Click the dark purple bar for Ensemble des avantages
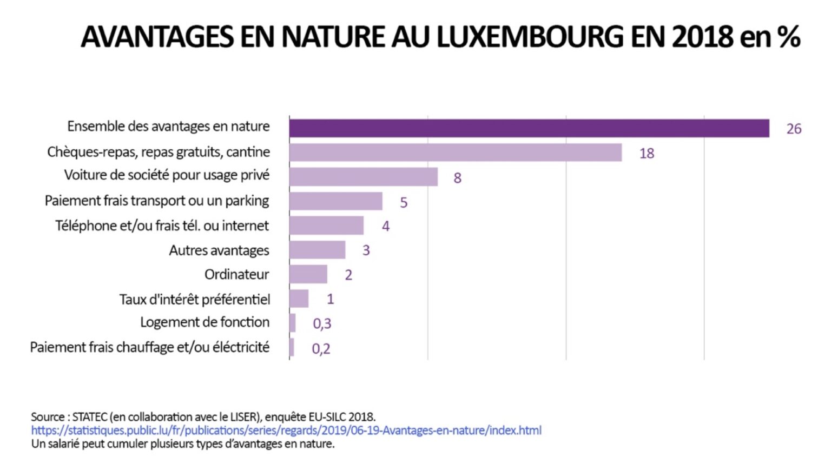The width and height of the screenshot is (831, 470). (x=529, y=128)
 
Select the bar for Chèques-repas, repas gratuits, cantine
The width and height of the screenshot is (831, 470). (x=455, y=153)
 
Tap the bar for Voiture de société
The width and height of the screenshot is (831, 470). (x=363, y=177)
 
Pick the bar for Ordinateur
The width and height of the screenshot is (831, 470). (x=308, y=274)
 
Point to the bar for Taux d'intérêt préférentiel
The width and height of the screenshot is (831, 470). (x=299, y=299)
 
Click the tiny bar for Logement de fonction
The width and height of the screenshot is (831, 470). (x=293, y=323)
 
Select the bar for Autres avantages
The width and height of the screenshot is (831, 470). (x=317, y=250)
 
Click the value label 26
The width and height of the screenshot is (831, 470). (x=793, y=129)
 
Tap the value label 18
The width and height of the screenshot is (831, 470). (x=646, y=154)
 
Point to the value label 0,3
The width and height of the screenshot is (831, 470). (x=322, y=323)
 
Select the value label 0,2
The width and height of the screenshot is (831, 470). (x=321, y=349)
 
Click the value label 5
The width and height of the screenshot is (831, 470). (x=403, y=202)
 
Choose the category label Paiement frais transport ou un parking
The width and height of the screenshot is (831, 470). (x=157, y=201)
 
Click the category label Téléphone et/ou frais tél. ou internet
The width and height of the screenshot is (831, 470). (x=162, y=226)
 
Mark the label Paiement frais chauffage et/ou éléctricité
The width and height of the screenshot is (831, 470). (x=150, y=347)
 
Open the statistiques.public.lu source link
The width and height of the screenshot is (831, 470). (x=286, y=431)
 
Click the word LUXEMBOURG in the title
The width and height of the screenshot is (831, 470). (x=530, y=37)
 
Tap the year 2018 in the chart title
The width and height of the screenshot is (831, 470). (x=702, y=37)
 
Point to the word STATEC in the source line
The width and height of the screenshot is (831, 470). (x=89, y=417)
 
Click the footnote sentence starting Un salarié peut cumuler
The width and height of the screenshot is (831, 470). (x=182, y=444)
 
